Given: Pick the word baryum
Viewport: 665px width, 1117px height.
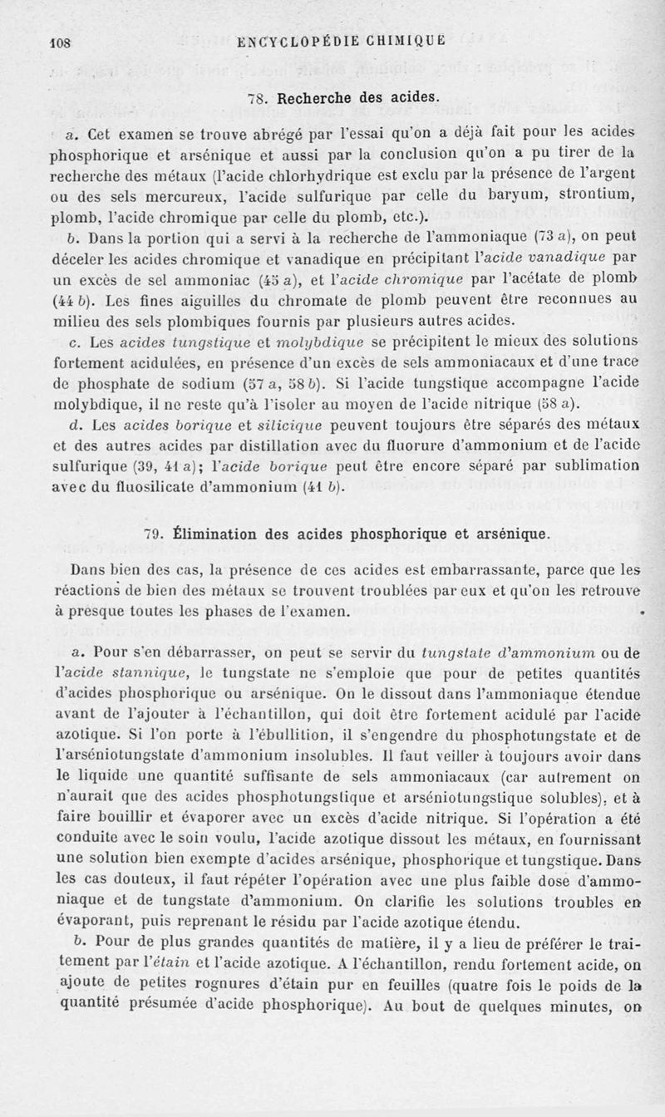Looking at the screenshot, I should pos(496,196).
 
